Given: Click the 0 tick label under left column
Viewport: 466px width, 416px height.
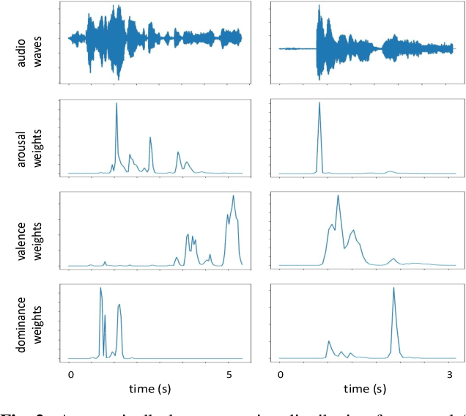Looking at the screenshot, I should point(70,374).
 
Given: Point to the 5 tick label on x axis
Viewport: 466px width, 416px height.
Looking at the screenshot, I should point(229,374).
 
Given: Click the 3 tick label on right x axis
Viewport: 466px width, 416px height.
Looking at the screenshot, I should point(451,374).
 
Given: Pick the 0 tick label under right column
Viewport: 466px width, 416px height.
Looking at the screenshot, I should point(281,374).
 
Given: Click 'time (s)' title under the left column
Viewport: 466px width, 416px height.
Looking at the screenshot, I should point(152,388).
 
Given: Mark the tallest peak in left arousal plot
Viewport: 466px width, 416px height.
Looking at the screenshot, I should point(116,104).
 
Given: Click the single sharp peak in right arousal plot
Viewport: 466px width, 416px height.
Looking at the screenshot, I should point(319,103).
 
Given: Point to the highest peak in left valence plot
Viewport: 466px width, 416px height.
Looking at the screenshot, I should point(233,196).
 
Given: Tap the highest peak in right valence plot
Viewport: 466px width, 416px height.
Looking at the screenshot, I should point(338,196).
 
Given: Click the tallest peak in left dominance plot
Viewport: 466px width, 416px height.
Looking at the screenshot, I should point(100,289).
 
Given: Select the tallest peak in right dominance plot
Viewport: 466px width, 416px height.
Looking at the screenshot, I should point(393,288).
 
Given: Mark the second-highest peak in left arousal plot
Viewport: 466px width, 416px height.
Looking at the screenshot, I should point(150,138).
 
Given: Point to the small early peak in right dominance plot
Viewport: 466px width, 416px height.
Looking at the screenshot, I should point(328,341).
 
